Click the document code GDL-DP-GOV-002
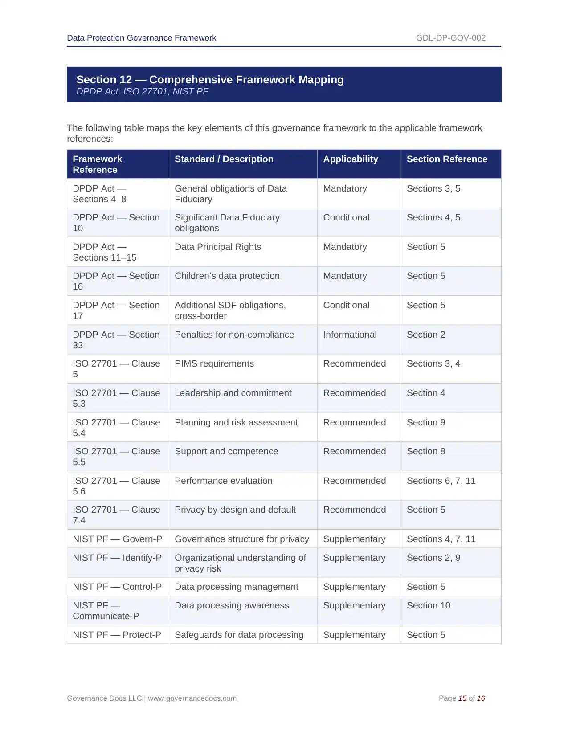(450, 38)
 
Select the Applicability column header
(350, 159)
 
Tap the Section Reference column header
(446, 159)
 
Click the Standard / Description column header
(224, 159)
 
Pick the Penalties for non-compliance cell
(234, 335)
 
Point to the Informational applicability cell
(350, 335)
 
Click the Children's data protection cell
(227, 276)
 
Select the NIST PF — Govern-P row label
(117, 539)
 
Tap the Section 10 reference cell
(428, 606)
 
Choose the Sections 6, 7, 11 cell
(441, 481)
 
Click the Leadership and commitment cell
(233, 393)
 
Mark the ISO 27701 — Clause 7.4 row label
(116, 515)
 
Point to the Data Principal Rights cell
(217, 247)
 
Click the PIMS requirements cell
(214, 364)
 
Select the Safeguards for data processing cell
(239, 635)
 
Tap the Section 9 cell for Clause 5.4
(425, 423)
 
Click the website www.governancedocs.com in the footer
(192, 698)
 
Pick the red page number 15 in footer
(462, 698)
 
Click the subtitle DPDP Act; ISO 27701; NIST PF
(142, 92)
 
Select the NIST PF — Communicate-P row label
(106, 611)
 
